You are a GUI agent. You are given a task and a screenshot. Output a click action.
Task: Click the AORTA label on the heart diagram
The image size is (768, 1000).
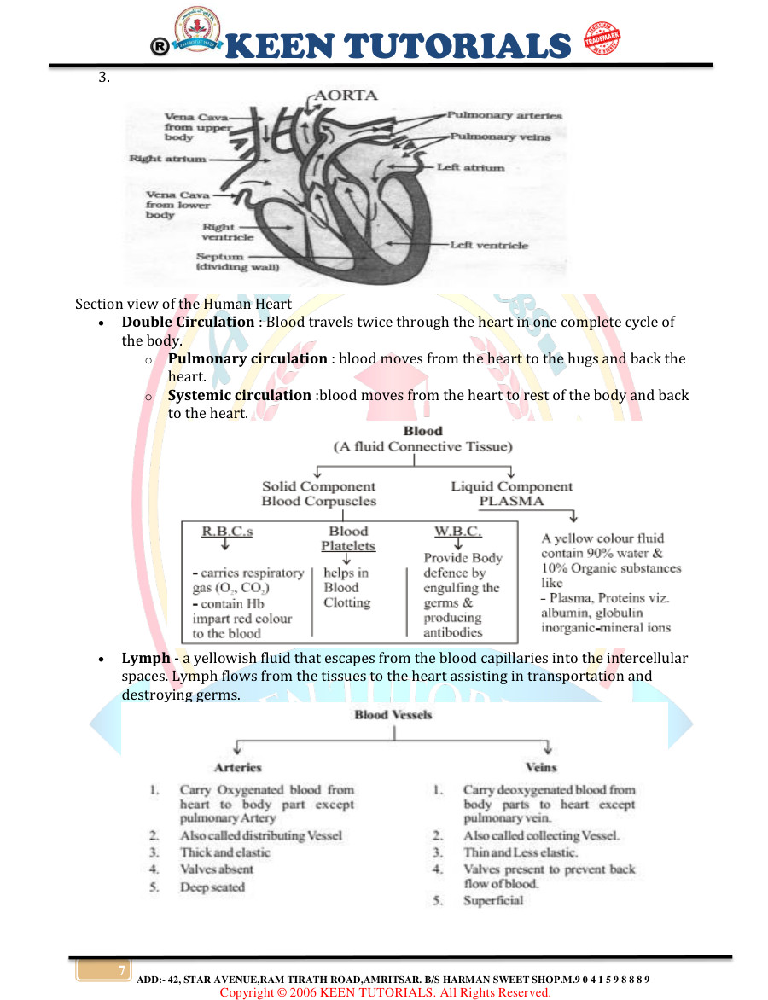pyautogui.click(x=346, y=96)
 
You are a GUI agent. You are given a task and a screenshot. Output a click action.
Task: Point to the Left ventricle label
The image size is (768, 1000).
pyautogui.click(x=491, y=245)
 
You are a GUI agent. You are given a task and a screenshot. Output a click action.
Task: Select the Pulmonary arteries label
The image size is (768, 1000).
pyautogui.click(x=505, y=115)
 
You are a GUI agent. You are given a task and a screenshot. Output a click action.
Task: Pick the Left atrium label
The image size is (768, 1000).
pyautogui.click(x=471, y=167)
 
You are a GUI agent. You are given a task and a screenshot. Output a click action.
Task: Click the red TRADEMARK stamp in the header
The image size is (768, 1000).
pyautogui.click(x=602, y=40)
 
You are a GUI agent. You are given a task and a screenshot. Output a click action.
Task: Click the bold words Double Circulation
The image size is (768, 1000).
pyautogui.click(x=188, y=323)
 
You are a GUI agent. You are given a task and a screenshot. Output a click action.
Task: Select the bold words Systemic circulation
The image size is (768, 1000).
pyautogui.click(x=239, y=396)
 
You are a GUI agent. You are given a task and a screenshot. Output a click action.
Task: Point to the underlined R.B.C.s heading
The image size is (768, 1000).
pyautogui.click(x=227, y=532)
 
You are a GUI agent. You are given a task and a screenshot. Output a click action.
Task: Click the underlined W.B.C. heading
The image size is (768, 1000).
pyautogui.click(x=458, y=532)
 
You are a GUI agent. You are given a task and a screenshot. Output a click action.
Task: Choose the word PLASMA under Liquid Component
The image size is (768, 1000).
pyautogui.click(x=511, y=502)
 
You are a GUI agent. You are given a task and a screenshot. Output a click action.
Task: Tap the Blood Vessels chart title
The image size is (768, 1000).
pyautogui.click(x=393, y=715)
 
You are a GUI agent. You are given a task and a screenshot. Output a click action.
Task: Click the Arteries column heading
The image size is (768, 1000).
pyautogui.click(x=238, y=768)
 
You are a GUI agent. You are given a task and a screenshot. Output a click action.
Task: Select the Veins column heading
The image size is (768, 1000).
pyautogui.click(x=541, y=768)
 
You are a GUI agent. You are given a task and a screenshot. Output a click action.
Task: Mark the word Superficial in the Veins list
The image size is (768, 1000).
pyautogui.click(x=493, y=901)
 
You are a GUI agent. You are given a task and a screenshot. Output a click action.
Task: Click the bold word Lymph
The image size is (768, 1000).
pyautogui.click(x=146, y=659)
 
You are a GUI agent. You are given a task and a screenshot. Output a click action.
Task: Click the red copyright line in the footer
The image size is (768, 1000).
pyautogui.click(x=385, y=992)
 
